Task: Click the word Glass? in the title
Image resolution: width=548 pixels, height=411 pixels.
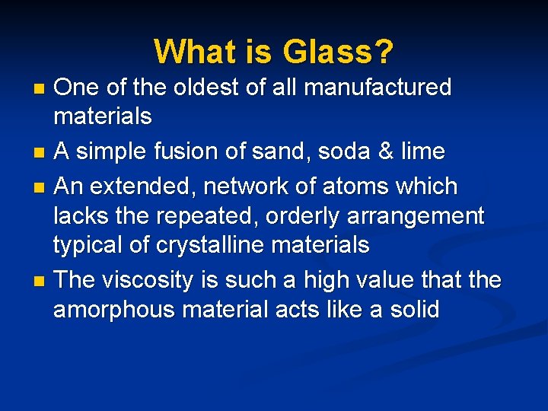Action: point(338,53)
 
